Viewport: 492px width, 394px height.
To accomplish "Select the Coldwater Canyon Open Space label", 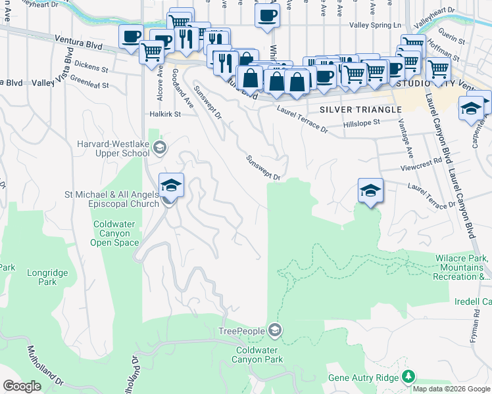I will pos(116,233).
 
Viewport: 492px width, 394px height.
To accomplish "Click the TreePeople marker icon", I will pos(275,330).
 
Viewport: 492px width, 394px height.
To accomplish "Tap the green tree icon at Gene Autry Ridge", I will pos(409,376).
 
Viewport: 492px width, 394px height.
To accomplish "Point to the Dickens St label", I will pos(91,67).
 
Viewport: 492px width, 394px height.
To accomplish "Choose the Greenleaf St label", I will pos(89,83).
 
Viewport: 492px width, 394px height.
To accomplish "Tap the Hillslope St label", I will pos(362,123).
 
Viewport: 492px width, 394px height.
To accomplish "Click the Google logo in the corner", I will pos(22,385).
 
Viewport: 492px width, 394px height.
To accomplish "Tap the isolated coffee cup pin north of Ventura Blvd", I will pos(266,16).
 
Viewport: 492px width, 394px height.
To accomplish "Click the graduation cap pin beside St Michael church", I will pos(171,186).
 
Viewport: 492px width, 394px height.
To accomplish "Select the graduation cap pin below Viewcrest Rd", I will pos(370,191).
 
